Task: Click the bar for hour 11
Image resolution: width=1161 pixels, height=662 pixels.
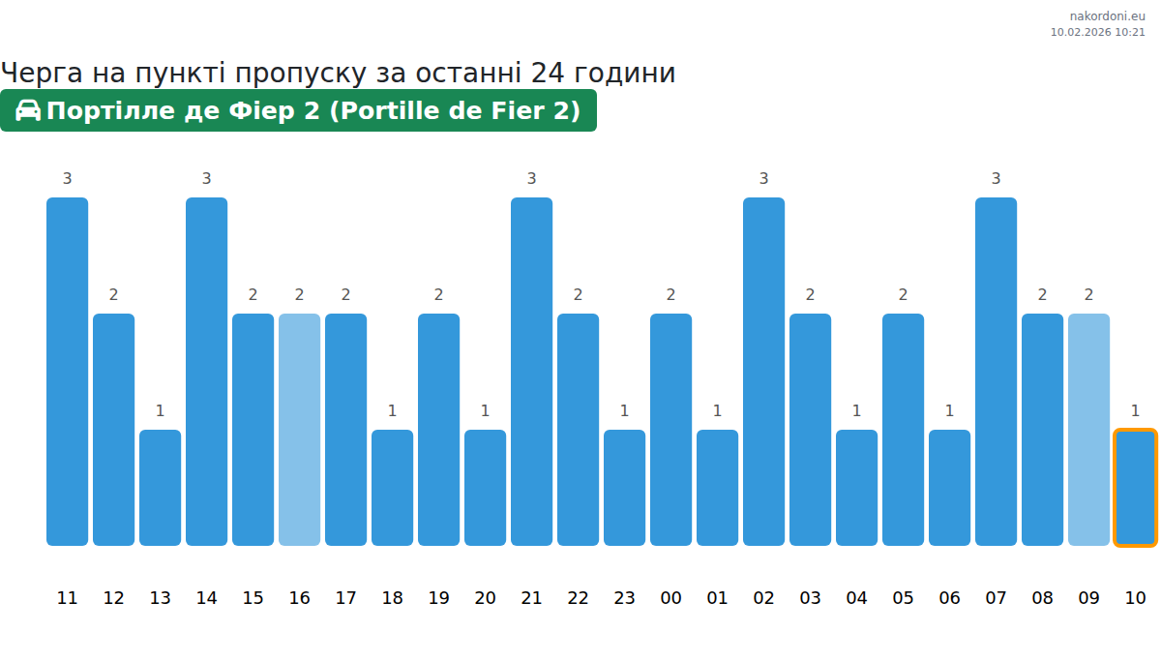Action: click(67, 372)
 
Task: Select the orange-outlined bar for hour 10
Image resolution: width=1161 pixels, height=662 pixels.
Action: click(1135, 488)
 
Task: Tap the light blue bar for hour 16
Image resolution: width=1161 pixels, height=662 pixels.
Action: click(299, 430)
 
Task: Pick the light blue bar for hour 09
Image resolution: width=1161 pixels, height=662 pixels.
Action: click(1088, 430)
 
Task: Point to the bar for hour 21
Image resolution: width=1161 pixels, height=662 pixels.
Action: click(531, 372)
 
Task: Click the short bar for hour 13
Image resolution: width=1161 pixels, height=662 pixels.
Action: click(160, 488)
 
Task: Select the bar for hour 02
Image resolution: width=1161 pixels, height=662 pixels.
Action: click(763, 372)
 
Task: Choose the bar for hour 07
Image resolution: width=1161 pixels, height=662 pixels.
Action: click(996, 372)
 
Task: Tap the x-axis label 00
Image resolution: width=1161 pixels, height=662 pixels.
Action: click(670, 598)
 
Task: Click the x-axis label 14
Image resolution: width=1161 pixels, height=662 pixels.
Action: click(206, 598)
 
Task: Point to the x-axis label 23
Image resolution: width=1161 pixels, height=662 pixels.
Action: click(624, 598)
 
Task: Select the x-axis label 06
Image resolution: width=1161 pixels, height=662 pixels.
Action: click(949, 598)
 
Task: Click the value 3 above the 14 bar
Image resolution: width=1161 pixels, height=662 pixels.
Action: click(206, 178)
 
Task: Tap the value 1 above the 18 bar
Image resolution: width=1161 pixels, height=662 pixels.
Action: click(392, 410)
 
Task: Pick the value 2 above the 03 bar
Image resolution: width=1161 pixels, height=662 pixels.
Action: click(810, 294)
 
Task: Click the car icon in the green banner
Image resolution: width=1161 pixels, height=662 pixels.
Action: click(28, 110)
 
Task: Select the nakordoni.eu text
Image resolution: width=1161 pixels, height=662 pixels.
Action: click(1107, 16)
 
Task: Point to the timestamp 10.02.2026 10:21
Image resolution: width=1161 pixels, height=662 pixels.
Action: click(1097, 32)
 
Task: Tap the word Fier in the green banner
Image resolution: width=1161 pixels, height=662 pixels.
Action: click(496, 110)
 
